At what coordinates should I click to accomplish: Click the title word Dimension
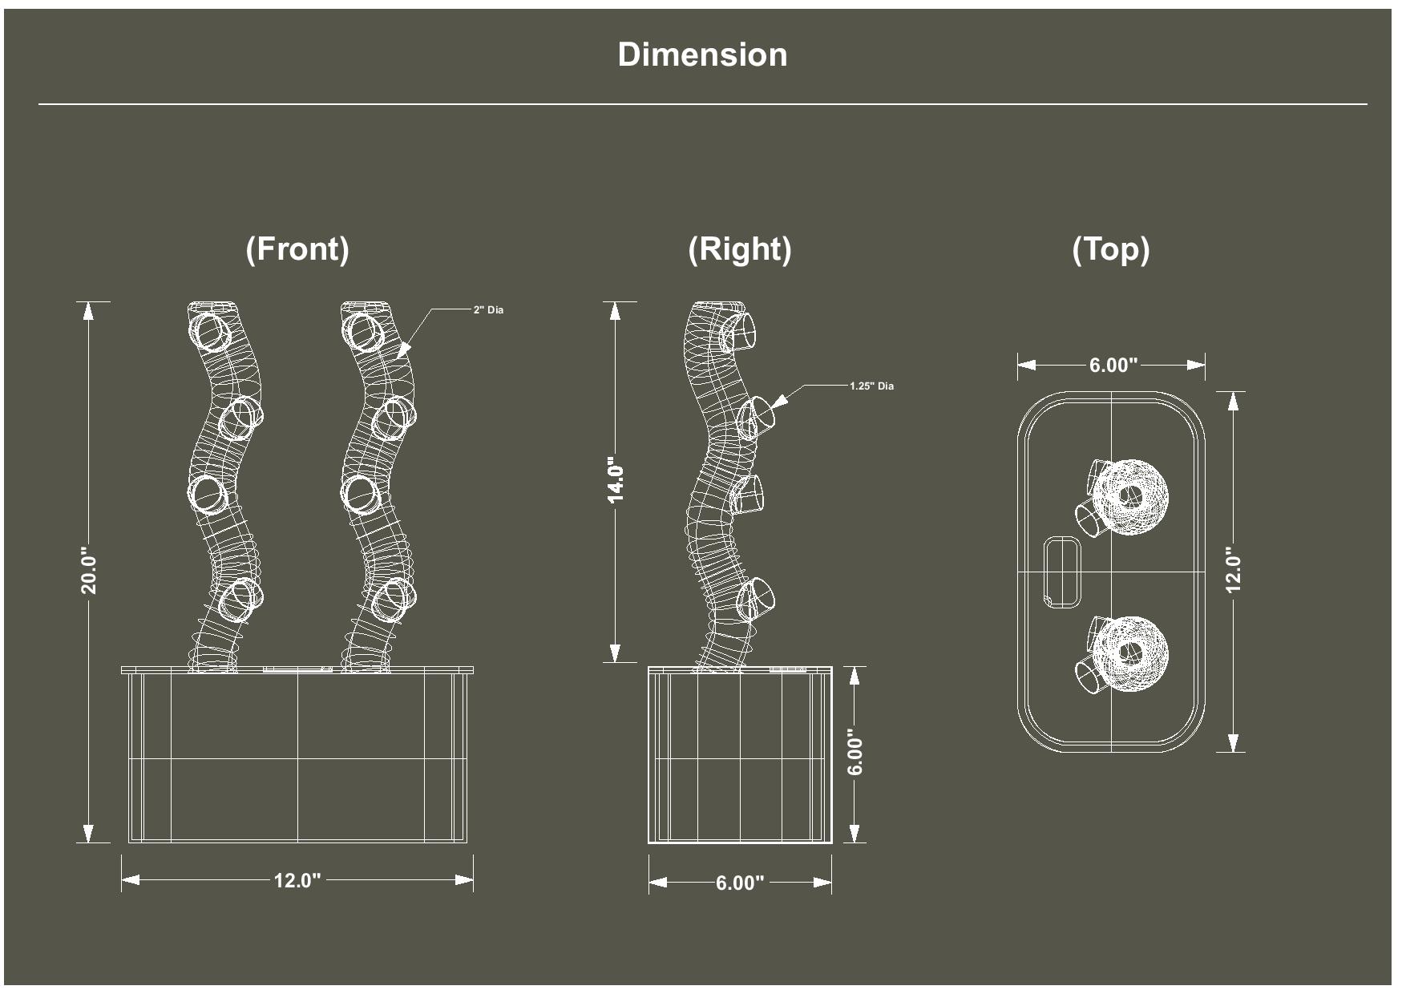(x=702, y=55)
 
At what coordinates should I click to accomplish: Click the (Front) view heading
(x=297, y=248)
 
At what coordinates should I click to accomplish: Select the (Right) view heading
(x=739, y=248)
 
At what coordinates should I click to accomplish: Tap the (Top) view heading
(x=1110, y=248)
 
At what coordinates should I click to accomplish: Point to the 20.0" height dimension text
(x=88, y=571)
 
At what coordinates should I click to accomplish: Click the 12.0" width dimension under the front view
(x=297, y=880)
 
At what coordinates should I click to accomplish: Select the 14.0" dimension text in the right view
(x=615, y=480)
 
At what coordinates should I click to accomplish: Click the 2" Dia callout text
(x=488, y=310)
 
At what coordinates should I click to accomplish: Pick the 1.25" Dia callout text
(x=871, y=386)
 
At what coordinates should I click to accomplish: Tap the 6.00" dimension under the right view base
(x=739, y=883)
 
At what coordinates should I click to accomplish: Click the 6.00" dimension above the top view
(x=1113, y=366)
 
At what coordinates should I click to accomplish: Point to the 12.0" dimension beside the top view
(x=1234, y=570)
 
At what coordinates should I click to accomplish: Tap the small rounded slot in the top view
(x=1061, y=572)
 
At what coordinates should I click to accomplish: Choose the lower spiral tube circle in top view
(x=1129, y=653)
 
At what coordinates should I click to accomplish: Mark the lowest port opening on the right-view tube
(x=757, y=599)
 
